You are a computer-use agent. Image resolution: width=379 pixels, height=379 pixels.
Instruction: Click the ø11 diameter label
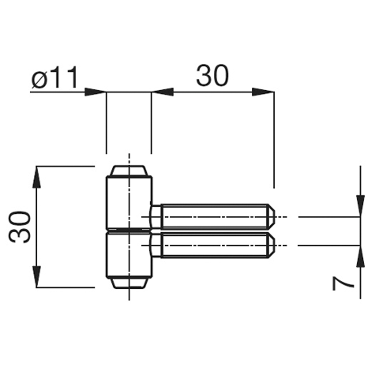tap(54, 77)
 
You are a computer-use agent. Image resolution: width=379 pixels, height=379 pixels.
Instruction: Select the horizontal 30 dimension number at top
tap(213, 75)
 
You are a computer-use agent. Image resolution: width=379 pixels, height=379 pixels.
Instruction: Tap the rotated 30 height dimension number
tap(19, 227)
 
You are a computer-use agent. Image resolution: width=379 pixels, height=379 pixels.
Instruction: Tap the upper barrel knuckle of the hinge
tap(129, 202)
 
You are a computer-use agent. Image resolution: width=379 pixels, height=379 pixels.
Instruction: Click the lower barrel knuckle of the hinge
tap(129, 255)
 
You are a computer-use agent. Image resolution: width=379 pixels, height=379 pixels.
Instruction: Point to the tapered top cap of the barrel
tap(129, 171)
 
